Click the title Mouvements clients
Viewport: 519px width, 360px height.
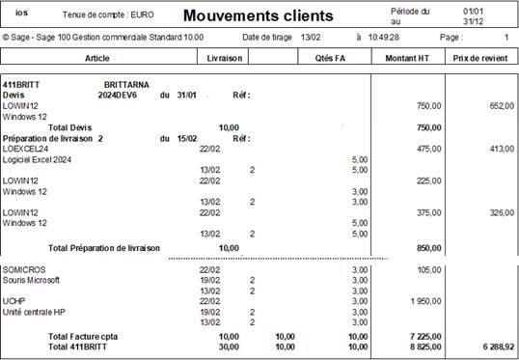tap(258, 15)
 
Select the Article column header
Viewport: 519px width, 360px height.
tap(97, 58)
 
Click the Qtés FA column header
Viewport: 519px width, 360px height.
tap(330, 58)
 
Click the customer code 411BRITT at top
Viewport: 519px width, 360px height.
tap(23, 85)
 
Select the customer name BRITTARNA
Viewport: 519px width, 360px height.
tap(125, 85)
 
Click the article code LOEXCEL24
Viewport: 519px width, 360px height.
tap(26, 149)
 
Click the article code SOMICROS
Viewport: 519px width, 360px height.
tap(24, 269)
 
